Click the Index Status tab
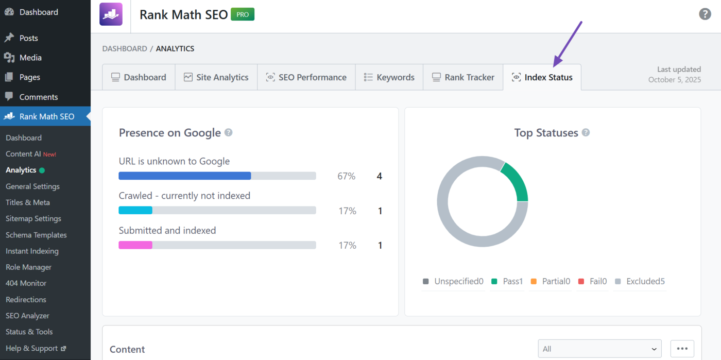(x=542, y=77)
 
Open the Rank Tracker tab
(x=463, y=77)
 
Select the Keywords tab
(x=389, y=77)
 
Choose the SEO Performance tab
(x=306, y=77)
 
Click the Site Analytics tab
(x=216, y=77)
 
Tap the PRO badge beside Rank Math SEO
(x=243, y=14)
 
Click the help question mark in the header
(x=705, y=14)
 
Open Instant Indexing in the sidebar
(x=32, y=251)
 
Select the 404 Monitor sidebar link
(x=26, y=283)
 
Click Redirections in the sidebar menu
(x=26, y=299)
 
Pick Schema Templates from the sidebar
(x=36, y=235)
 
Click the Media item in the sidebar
(x=30, y=58)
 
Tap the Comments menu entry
(x=39, y=97)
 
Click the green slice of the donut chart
(x=517, y=181)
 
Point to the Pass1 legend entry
(x=507, y=281)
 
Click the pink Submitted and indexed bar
(x=135, y=245)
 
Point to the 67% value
(x=347, y=176)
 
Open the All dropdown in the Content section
(x=599, y=349)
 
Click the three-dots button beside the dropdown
(x=682, y=349)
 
